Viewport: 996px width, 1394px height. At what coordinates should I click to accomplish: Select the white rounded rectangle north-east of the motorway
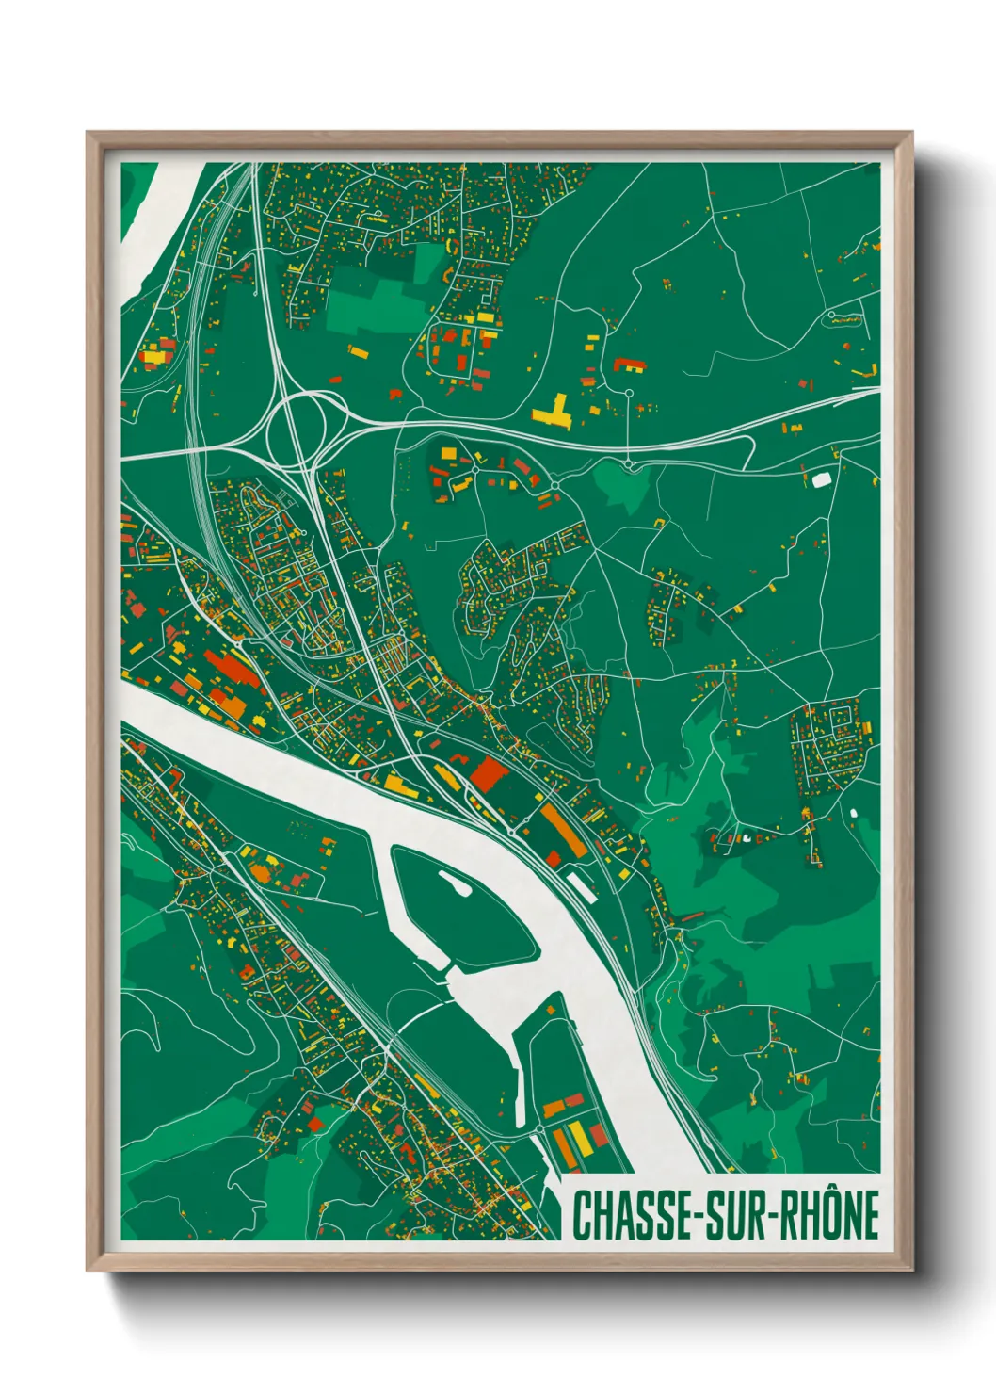821,479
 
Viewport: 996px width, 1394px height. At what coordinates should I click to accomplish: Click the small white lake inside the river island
456,883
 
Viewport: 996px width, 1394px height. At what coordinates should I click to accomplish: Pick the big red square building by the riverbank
489,773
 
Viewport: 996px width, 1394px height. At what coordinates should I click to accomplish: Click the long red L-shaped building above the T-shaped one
628,365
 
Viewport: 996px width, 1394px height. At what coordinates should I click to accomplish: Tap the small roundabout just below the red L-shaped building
628,392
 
